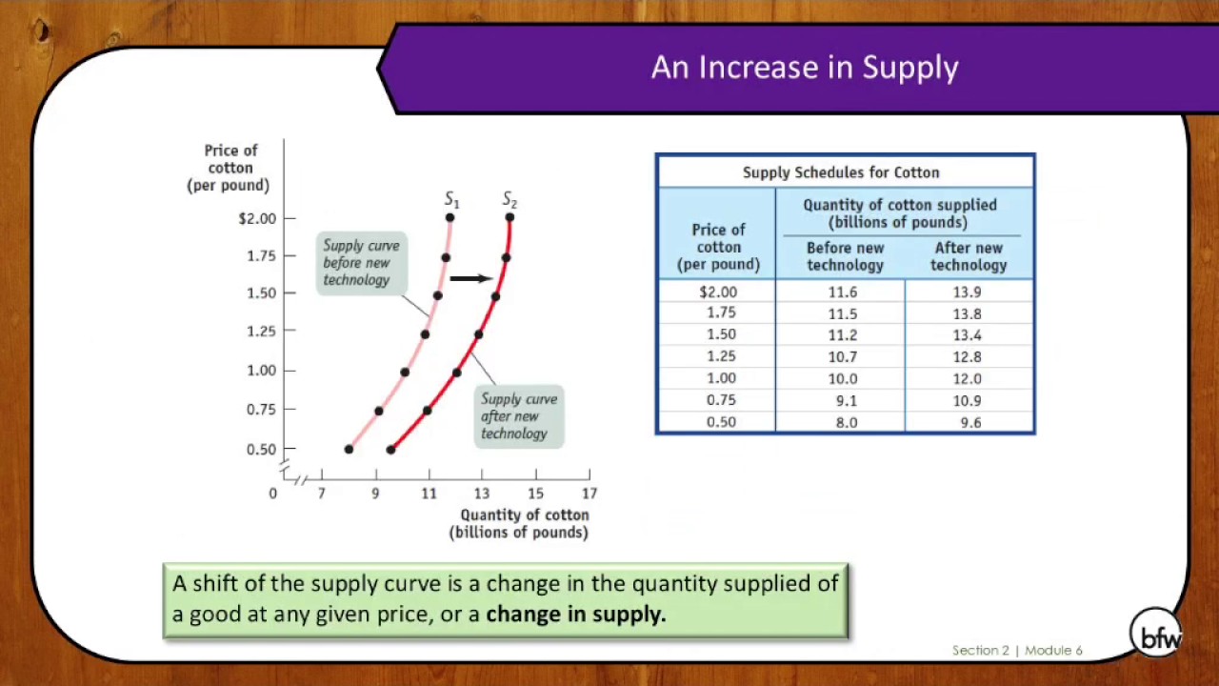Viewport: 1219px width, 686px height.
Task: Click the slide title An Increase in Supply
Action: (x=804, y=68)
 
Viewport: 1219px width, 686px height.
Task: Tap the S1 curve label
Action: (x=451, y=200)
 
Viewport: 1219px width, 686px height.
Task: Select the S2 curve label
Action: (x=510, y=200)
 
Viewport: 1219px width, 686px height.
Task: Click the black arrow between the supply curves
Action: (x=470, y=278)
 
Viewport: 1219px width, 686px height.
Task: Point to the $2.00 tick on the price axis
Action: (x=257, y=218)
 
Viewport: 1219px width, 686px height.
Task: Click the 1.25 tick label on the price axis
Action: (x=261, y=332)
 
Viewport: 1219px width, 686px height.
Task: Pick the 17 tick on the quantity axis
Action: (x=590, y=493)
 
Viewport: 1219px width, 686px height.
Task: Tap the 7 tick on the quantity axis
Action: (x=322, y=493)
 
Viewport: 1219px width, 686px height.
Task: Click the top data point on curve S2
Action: (x=510, y=218)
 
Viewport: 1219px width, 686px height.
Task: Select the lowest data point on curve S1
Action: (x=349, y=449)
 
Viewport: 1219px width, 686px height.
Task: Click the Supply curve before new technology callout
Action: (x=361, y=262)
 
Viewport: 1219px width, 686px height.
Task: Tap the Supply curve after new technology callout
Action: (x=519, y=416)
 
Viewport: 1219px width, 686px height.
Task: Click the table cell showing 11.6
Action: (x=842, y=293)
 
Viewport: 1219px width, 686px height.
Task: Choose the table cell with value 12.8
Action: (x=967, y=357)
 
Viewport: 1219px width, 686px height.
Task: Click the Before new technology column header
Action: (x=845, y=256)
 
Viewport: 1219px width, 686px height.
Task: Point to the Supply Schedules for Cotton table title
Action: (x=841, y=172)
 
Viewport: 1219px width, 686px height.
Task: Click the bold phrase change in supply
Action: (x=575, y=614)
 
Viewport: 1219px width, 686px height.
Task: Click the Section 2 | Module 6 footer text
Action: (x=1017, y=650)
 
